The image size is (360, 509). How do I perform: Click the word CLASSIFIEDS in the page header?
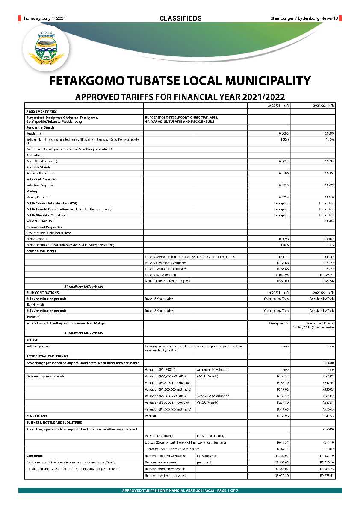point(180,18)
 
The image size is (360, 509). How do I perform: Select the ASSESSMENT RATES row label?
point(41,111)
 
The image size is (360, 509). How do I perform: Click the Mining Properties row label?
point(39,197)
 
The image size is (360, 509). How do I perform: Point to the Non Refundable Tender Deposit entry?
point(168,281)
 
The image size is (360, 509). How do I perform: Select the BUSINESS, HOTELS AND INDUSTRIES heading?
point(54,422)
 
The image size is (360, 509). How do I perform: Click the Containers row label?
point(34,456)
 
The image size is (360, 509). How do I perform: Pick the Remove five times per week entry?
point(165,475)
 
